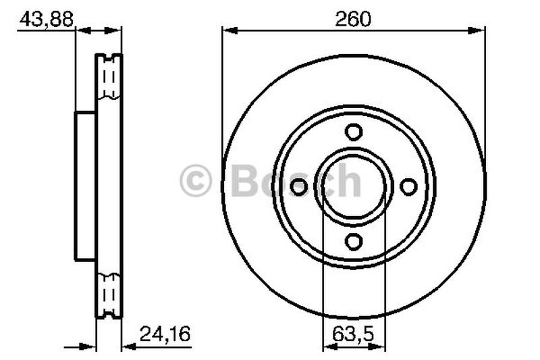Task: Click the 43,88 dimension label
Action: [46, 20]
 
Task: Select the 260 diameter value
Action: [354, 20]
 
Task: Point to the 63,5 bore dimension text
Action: [354, 333]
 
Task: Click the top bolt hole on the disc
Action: [354, 132]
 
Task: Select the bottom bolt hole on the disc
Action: [354, 241]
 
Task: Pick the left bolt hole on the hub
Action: [299, 186]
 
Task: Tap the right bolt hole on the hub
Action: [408, 186]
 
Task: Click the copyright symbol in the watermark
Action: [196, 182]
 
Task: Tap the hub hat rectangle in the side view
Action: [86, 186]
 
